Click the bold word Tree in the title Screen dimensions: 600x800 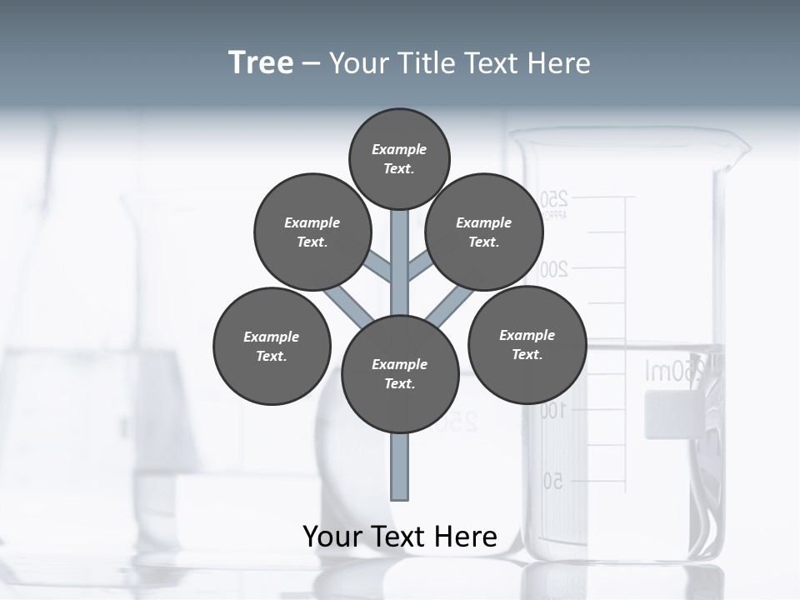pos(261,63)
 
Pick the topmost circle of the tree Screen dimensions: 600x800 pos(399,158)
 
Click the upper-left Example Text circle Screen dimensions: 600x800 pos(312,232)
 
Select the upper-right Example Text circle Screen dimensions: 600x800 pos(484,232)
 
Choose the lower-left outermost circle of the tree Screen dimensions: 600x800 pos(272,346)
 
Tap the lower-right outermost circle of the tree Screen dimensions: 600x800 pos(527,344)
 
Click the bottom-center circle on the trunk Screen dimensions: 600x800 pos(400,373)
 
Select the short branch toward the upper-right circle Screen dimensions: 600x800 pos(421,267)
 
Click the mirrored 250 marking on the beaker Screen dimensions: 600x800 pos(553,200)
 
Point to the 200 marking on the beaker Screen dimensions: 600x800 pos(553,268)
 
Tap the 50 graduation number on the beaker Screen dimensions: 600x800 pos(552,481)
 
